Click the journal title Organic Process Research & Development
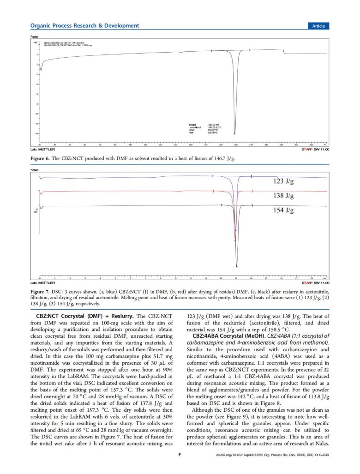click(84, 26)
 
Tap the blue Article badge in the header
click(318, 26)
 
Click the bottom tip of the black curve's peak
click(237, 267)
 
